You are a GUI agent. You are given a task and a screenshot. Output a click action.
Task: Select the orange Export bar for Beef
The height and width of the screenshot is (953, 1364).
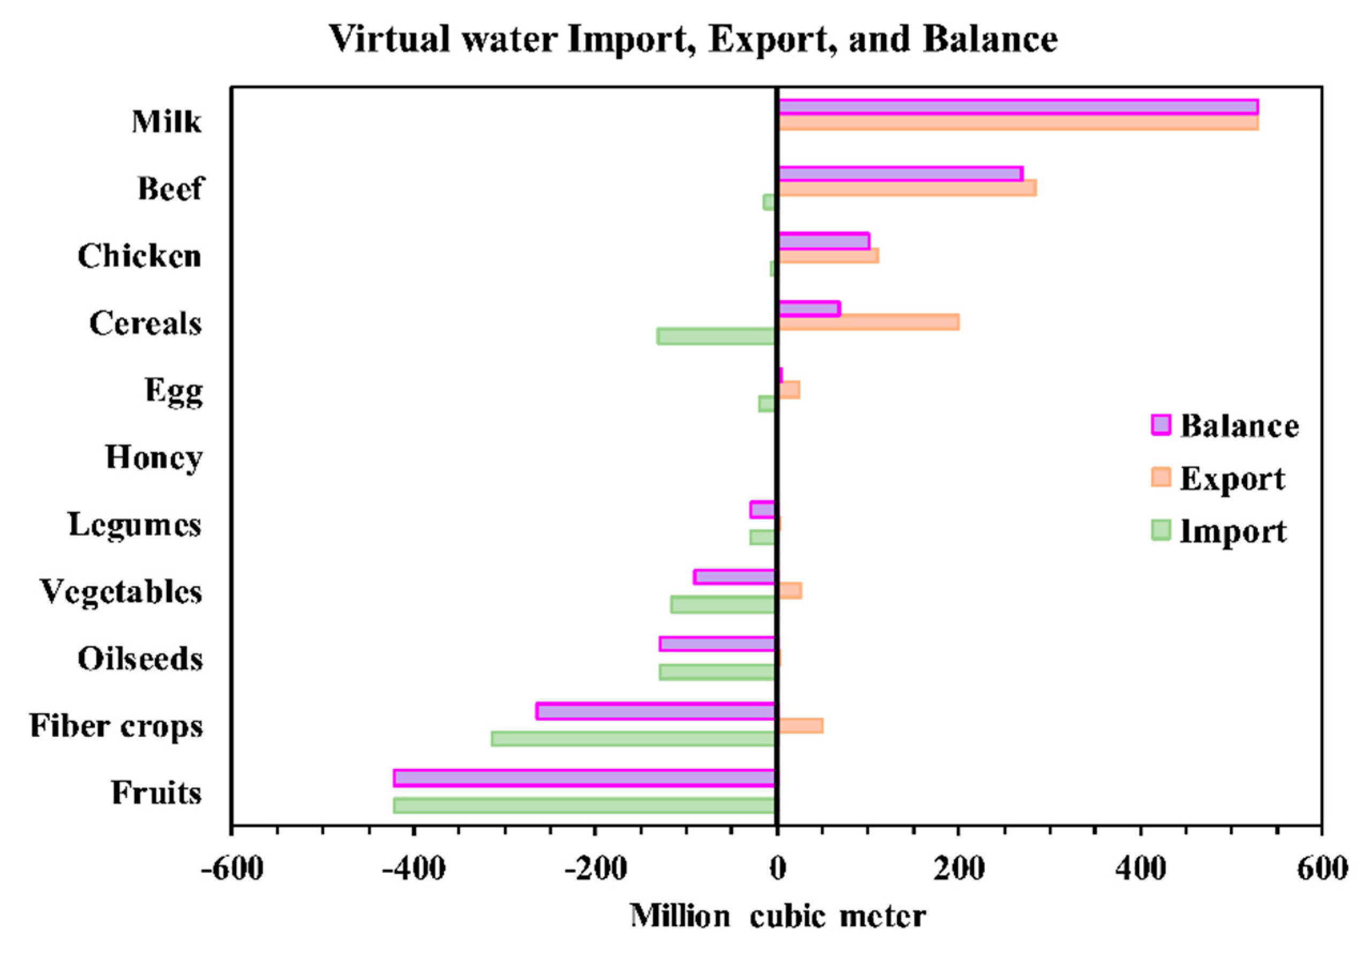(x=907, y=188)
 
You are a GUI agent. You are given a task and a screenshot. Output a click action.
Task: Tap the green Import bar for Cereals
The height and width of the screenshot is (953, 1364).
(x=716, y=336)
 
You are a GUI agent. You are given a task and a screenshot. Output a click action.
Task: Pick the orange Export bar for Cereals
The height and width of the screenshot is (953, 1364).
(x=868, y=322)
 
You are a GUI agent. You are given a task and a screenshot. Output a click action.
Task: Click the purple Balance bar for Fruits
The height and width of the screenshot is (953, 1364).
(x=584, y=778)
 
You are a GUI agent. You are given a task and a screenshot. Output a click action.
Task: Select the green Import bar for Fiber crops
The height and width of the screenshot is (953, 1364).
(x=633, y=738)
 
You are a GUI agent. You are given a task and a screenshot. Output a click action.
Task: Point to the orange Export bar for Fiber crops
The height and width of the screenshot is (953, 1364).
(x=801, y=726)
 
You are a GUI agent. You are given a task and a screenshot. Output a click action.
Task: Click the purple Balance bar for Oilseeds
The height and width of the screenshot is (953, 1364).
(x=717, y=644)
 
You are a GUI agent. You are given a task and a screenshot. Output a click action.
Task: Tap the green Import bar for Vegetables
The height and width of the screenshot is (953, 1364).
(x=723, y=605)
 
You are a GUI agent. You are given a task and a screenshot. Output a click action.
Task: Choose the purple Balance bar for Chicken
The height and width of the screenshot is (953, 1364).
(x=824, y=241)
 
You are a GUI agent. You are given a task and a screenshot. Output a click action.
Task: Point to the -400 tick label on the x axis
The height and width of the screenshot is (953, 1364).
(x=413, y=868)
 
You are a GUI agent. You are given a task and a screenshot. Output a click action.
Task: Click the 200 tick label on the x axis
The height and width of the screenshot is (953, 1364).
(x=959, y=868)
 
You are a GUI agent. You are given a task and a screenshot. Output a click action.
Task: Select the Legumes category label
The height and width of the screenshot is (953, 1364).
(x=135, y=525)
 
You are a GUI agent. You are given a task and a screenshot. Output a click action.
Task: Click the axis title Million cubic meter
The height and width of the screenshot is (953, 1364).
(x=778, y=916)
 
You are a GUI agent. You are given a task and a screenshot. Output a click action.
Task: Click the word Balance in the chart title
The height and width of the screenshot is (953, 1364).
(x=990, y=39)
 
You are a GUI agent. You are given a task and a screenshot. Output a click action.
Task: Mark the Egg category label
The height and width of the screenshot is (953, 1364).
(x=173, y=391)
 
